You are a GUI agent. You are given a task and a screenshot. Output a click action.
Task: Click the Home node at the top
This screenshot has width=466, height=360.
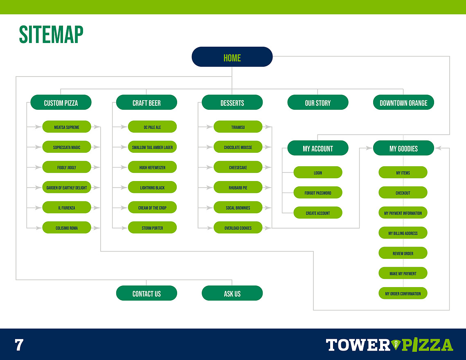(232, 57)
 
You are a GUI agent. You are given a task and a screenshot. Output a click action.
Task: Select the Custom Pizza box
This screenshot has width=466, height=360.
(61, 102)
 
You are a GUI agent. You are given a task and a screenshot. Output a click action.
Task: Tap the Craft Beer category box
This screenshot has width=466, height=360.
(146, 102)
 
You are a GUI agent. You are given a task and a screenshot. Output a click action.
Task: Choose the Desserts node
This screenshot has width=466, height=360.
(232, 102)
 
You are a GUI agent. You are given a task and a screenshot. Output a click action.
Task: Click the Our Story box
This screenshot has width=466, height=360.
(318, 102)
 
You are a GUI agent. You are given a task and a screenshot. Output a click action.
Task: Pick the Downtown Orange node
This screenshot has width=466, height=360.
(403, 102)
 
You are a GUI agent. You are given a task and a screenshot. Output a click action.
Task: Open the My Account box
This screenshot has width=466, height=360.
(318, 148)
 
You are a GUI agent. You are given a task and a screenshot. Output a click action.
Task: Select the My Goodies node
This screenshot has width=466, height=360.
(403, 148)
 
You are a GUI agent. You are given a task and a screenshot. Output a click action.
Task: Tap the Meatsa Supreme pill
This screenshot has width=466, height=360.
(67, 127)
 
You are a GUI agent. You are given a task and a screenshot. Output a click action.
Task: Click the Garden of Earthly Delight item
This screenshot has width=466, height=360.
(67, 187)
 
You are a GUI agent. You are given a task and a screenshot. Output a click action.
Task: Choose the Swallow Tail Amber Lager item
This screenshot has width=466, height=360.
(152, 147)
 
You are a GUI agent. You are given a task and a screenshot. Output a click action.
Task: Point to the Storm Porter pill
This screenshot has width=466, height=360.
(152, 228)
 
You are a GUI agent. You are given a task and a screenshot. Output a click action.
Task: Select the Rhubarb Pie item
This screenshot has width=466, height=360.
(238, 187)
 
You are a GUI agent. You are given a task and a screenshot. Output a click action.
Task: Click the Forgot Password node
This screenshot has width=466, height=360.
(318, 192)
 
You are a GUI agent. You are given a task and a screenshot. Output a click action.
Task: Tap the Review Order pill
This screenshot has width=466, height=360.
(403, 253)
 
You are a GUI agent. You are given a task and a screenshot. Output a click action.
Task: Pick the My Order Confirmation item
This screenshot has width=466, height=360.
(403, 293)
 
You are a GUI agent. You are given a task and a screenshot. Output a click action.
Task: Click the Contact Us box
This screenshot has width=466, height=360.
(146, 293)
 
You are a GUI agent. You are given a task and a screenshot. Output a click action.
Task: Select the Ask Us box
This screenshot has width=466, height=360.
(232, 293)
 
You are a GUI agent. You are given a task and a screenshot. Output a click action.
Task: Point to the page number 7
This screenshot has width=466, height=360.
(19, 345)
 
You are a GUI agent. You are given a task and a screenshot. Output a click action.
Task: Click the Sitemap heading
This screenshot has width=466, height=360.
(51, 34)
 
